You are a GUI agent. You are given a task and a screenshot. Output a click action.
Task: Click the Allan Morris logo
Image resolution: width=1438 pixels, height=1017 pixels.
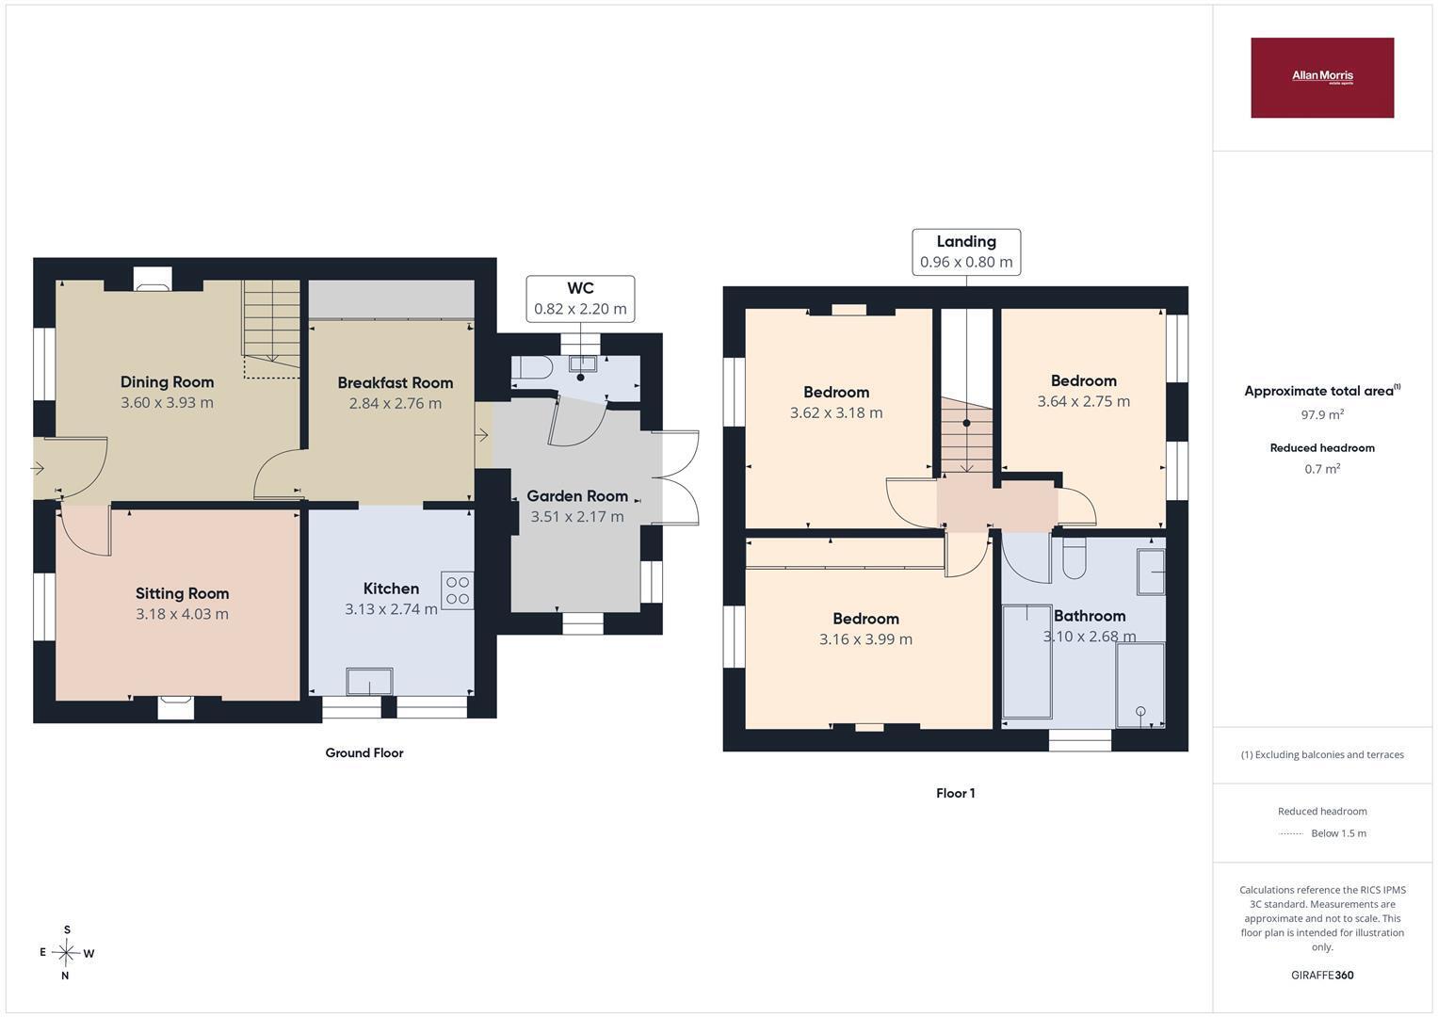[x=1322, y=77]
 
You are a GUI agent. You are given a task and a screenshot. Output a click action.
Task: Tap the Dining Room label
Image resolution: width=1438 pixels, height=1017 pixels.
[x=167, y=382]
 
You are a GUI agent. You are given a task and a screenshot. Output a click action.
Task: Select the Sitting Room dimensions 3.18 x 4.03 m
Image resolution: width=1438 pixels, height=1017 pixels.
[x=182, y=614]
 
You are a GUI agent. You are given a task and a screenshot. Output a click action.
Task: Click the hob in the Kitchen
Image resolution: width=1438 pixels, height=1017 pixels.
[x=457, y=590]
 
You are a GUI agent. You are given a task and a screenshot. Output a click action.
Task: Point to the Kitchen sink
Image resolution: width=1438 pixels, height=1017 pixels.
[x=369, y=681]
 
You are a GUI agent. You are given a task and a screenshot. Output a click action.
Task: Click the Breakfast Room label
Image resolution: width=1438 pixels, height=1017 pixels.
[x=396, y=382]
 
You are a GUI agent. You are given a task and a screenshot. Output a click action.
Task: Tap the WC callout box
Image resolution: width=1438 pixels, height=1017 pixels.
[x=580, y=299]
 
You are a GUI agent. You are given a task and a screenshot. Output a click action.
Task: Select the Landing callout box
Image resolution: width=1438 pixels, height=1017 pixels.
[x=966, y=252]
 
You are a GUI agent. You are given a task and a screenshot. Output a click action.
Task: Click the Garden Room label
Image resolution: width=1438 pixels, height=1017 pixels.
[x=577, y=495]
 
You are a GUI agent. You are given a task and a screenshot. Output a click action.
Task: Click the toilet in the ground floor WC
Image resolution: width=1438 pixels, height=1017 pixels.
[x=532, y=368]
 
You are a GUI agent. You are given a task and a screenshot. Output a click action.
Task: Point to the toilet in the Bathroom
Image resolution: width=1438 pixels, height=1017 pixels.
[x=1074, y=558]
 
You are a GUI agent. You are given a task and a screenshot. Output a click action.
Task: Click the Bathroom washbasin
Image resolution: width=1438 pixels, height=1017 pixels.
[x=1151, y=572]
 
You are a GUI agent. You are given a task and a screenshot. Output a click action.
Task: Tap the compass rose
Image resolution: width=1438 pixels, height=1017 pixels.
[x=66, y=953]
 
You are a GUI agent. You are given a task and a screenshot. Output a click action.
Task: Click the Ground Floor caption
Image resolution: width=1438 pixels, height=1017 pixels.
[x=364, y=752]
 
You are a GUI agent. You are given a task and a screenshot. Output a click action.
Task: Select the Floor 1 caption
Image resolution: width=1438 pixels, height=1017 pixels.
[x=955, y=793]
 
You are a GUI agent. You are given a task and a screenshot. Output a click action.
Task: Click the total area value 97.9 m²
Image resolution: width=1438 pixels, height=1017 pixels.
[x=1322, y=414]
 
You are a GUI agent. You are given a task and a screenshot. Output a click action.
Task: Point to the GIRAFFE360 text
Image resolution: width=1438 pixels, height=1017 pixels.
[x=1322, y=975]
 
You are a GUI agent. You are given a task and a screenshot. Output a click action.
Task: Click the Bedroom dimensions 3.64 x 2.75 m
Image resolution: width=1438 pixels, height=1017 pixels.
[x=1084, y=401]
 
